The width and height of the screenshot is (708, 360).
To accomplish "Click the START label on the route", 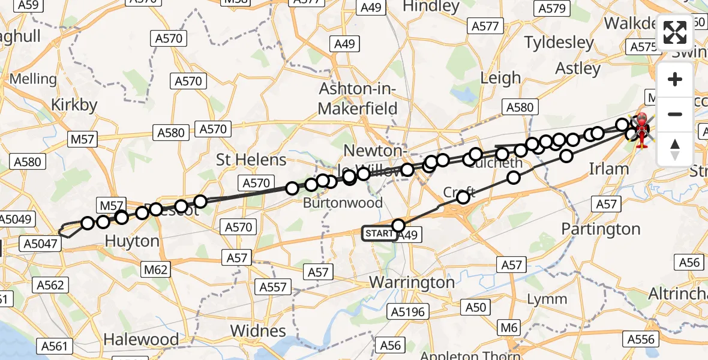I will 379,233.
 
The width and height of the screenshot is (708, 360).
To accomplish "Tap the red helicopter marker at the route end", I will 641,130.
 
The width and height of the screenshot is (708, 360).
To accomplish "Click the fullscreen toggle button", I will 675,33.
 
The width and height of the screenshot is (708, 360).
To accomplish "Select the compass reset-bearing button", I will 675,149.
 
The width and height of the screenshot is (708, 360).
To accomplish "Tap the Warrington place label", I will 412,282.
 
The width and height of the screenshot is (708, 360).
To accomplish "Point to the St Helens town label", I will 251,160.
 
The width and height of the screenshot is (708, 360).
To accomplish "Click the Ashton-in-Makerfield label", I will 358,99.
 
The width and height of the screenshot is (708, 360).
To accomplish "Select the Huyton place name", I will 132,241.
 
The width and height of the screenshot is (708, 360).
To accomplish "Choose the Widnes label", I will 258,331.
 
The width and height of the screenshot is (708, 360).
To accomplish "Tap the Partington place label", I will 601,229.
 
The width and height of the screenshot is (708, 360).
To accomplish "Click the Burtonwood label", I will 343,203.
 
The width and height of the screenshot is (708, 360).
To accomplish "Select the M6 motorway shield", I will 509,328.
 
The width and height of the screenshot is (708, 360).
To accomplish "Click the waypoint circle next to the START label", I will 398,226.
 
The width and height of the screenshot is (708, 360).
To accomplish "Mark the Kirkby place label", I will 74,104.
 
